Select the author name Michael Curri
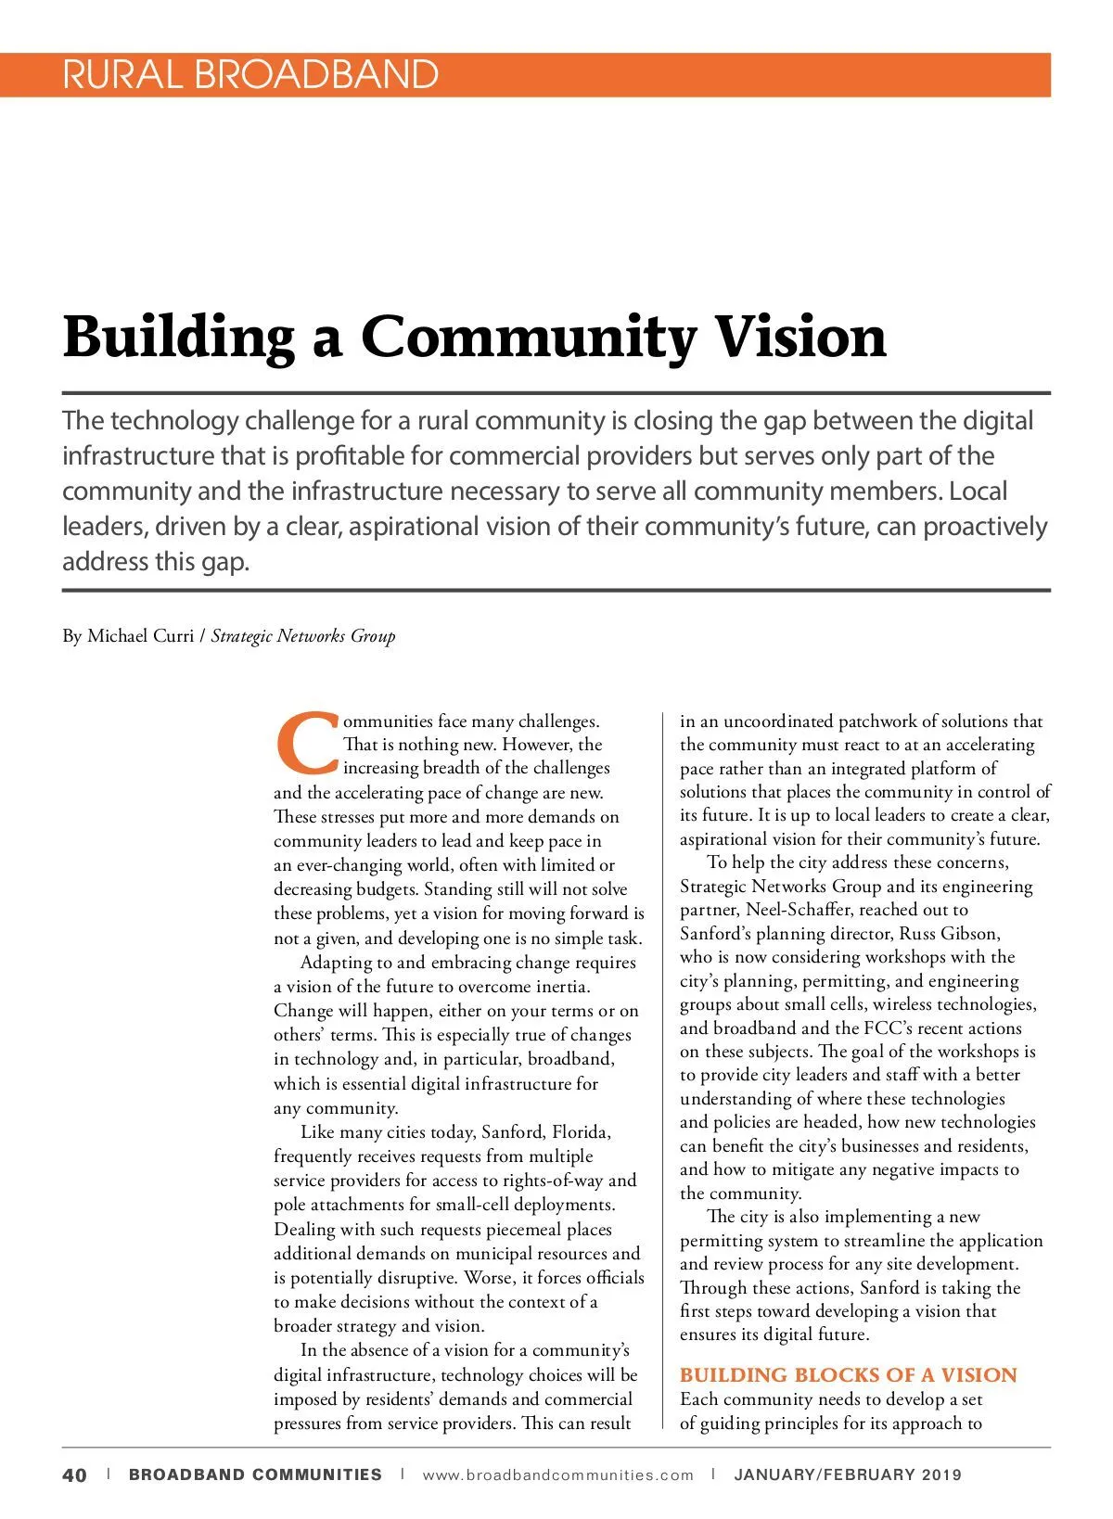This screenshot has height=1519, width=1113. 140,636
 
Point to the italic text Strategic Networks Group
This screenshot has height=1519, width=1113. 303,636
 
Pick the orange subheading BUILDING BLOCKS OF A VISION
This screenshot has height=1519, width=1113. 848,1375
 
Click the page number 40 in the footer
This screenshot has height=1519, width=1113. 74,1475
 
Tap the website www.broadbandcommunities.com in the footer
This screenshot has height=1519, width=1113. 557,1475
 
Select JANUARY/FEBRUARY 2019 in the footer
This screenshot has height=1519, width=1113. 848,1475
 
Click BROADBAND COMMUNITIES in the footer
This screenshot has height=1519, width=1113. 255,1475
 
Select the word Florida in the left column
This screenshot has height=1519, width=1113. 581,1132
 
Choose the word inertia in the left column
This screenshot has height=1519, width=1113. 559,987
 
